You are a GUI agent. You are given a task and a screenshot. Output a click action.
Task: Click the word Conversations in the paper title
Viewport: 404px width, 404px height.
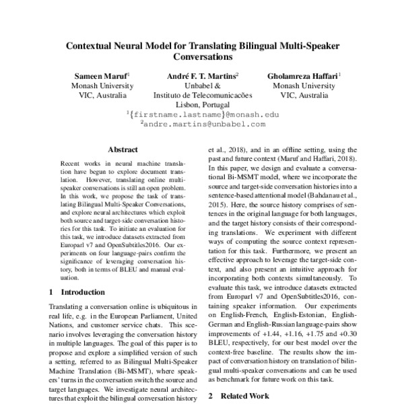202,59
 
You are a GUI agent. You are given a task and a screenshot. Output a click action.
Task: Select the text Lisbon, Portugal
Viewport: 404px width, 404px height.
202,106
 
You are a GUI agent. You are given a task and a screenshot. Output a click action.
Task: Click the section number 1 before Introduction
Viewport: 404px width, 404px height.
53,293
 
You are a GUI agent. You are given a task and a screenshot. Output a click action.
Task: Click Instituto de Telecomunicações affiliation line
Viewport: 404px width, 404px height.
202,96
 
